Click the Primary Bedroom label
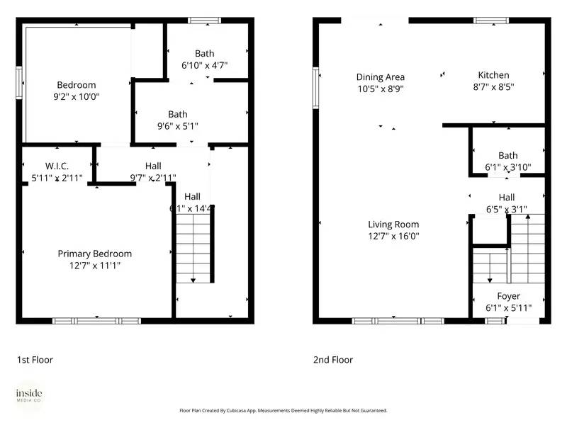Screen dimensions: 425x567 [94, 254]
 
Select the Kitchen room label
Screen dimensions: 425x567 [493, 75]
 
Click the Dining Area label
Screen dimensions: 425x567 [380, 77]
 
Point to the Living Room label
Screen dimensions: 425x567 [393, 225]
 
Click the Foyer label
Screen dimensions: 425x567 [508, 296]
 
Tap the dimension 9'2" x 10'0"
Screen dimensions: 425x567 [77, 97]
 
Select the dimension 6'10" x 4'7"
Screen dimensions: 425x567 [204, 65]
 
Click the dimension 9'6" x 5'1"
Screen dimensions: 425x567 [178, 126]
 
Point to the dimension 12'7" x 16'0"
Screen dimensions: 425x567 [393, 237]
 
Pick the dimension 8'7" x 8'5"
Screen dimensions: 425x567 [493, 87]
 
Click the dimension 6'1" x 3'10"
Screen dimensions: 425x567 [507, 168]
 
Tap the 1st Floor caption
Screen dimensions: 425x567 [35, 360]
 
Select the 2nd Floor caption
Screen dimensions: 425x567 [333, 360]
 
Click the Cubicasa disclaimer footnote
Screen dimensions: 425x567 [283, 410]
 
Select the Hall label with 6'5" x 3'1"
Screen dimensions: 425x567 [506, 198]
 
